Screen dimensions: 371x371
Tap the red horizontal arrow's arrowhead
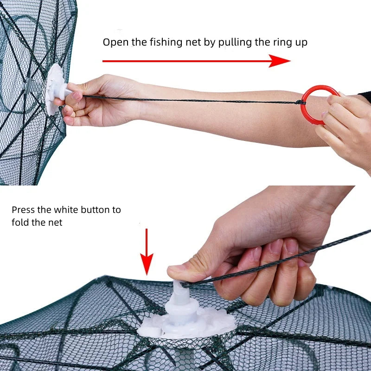[280, 61]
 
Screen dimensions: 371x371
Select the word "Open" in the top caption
[115, 42]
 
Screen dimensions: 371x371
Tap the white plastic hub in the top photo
[56, 88]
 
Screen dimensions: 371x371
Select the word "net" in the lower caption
[55, 223]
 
